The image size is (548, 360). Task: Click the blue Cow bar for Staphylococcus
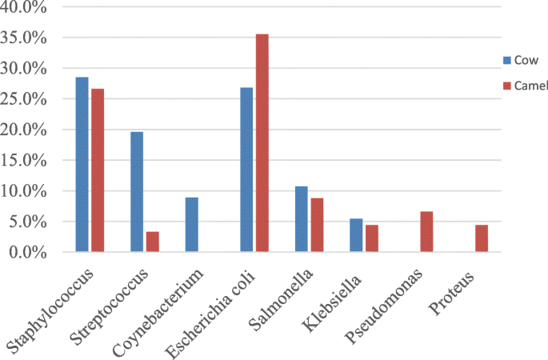point(82,164)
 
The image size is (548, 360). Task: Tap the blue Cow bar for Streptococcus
point(137,191)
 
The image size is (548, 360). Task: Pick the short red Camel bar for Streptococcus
point(152,242)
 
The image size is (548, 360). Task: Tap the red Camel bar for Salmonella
point(317,225)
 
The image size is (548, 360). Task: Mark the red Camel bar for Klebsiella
point(372,238)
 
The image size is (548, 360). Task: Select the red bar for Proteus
point(482,238)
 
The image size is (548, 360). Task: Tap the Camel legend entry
point(525,85)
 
